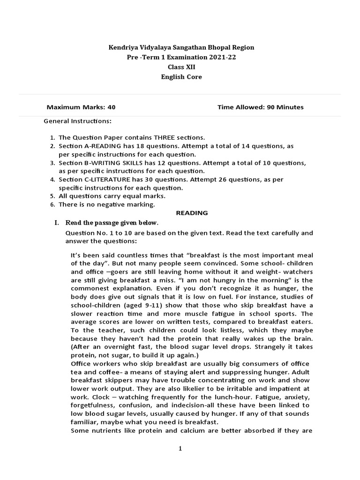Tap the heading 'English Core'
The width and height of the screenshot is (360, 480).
(181, 77)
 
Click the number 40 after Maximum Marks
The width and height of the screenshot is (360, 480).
(111, 107)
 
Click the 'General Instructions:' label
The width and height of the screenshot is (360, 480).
(77, 121)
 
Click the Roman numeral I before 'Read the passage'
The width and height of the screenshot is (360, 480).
(57, 222)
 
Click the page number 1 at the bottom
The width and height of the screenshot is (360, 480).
(180, 449)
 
